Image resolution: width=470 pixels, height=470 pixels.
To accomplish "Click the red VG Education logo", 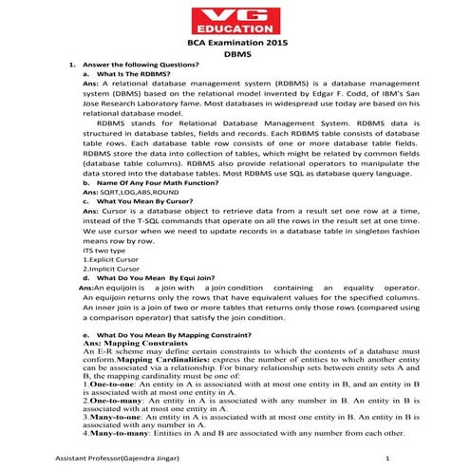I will [235, 20].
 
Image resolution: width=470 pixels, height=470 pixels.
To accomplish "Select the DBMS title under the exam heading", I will [235, 56].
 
